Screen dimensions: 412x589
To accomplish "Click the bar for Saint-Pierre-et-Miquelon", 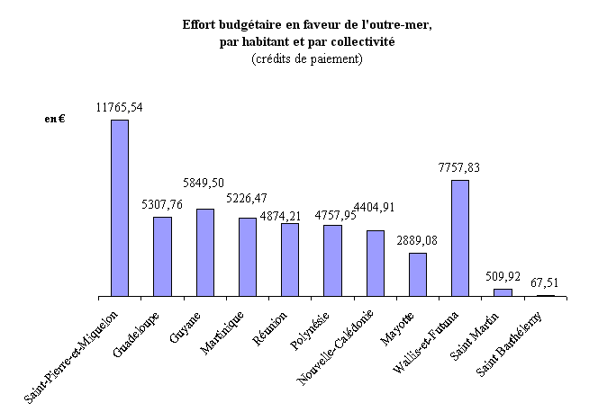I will tap(119, 208).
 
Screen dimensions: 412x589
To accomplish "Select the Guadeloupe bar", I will tap(162, 256).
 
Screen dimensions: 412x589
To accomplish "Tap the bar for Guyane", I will tap(204, 252).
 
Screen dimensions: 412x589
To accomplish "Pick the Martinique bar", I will tap(247, 256).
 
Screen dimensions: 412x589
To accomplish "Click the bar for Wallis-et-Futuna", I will tap(459, 237).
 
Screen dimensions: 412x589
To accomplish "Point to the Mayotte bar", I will tap(417, 274).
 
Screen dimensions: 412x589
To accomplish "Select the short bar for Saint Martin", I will tap(503, 292).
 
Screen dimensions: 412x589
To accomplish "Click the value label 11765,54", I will tap(119, 107).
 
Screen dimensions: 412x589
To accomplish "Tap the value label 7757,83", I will tap(459, 167).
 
